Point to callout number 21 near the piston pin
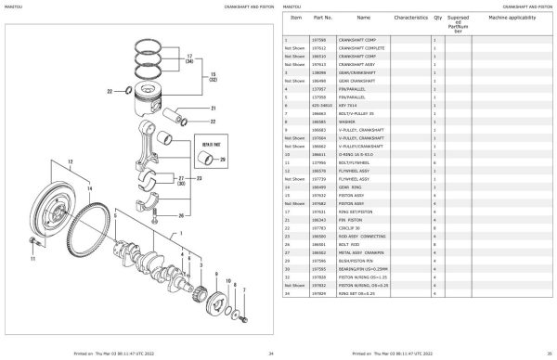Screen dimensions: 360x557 click(213, 109)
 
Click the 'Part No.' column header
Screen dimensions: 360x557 click(322, 18)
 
